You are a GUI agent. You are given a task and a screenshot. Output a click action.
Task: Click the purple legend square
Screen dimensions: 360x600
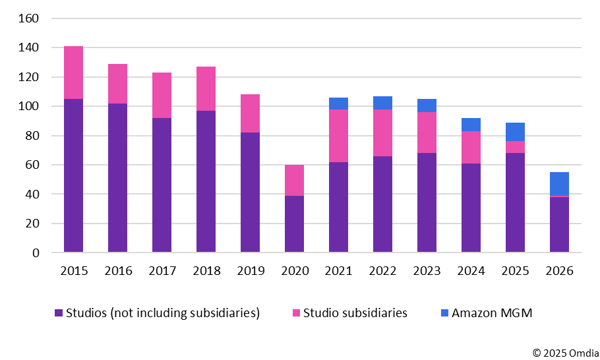click(59, 313)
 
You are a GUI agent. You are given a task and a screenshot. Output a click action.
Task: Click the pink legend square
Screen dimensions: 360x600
click(297, 313)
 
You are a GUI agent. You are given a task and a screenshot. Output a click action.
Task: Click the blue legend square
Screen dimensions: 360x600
click(445, 313)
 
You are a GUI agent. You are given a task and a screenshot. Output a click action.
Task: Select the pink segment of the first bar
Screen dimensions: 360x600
click(73, 73)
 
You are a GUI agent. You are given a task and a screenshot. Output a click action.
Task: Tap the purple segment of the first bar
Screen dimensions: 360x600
click(73, 175)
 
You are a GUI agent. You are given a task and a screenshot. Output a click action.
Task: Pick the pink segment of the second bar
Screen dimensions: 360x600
click(117, 84)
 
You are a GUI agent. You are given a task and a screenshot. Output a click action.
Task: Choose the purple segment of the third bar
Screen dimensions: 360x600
click(162, 185)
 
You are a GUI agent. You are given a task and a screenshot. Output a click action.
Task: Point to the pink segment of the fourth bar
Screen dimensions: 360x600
click(206, 88)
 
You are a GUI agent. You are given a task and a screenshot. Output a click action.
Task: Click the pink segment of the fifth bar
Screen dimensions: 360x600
click(250, 113)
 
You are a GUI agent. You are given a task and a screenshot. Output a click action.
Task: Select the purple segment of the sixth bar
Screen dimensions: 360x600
click(294, 224)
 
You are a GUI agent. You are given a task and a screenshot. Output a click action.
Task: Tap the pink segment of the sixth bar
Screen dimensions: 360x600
click(294, 180)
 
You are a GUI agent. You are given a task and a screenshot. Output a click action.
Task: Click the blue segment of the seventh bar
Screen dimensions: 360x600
click(338, 104)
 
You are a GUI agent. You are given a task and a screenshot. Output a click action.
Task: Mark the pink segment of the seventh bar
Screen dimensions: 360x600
click(338, 136)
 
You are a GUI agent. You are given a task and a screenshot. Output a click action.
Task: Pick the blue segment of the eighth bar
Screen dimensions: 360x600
click(382, 103)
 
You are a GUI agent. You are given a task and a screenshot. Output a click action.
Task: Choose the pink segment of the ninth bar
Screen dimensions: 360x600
click(427, 133)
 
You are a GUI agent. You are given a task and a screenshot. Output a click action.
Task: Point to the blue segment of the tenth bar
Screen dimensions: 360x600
click(471, 125)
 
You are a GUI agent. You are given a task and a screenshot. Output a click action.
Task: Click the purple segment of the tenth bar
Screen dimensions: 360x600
click(471, 208)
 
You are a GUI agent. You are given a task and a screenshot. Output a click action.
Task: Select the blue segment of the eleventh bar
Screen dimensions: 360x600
click(515, 132)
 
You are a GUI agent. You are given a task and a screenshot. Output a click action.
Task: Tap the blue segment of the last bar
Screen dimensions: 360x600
click(559, 184)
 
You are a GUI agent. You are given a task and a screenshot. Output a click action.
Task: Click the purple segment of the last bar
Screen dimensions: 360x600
click(559, 224)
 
